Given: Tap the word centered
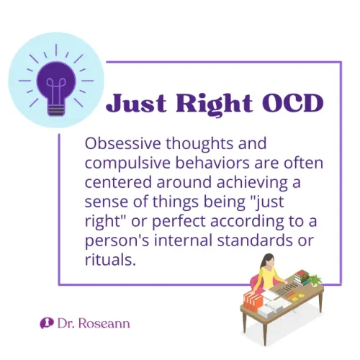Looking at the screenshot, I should pos(114,182).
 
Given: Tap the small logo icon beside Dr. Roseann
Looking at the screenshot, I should pos(46,323).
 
